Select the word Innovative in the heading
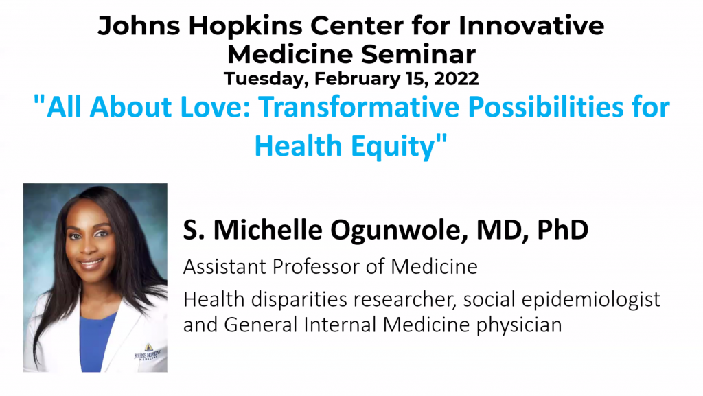(531, 25)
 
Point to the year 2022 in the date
(456, 79)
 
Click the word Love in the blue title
(215, 107)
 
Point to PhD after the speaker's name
(562, 230)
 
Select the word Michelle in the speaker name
(268, 230)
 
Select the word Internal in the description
(340, 325)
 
